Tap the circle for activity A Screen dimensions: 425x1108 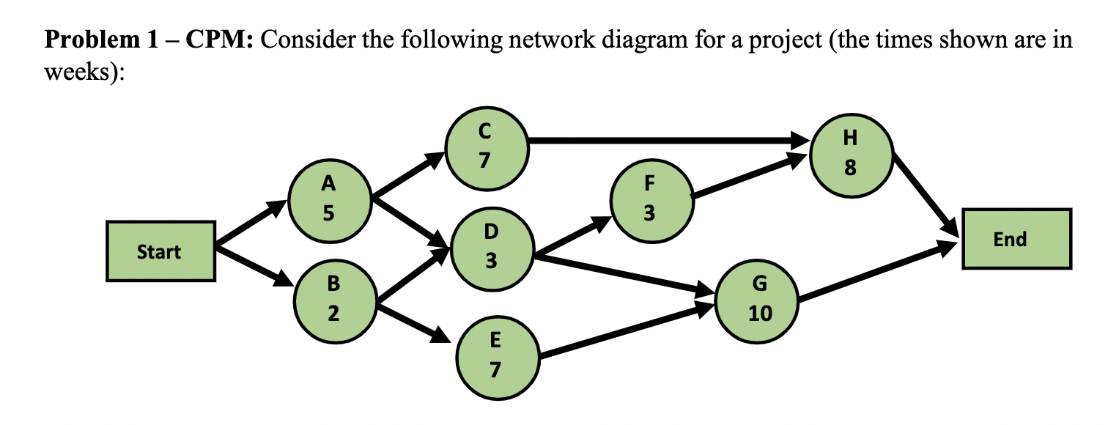pos(329,198)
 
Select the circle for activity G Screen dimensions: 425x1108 pos(758,298)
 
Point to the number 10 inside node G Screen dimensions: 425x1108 pos(759,314)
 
